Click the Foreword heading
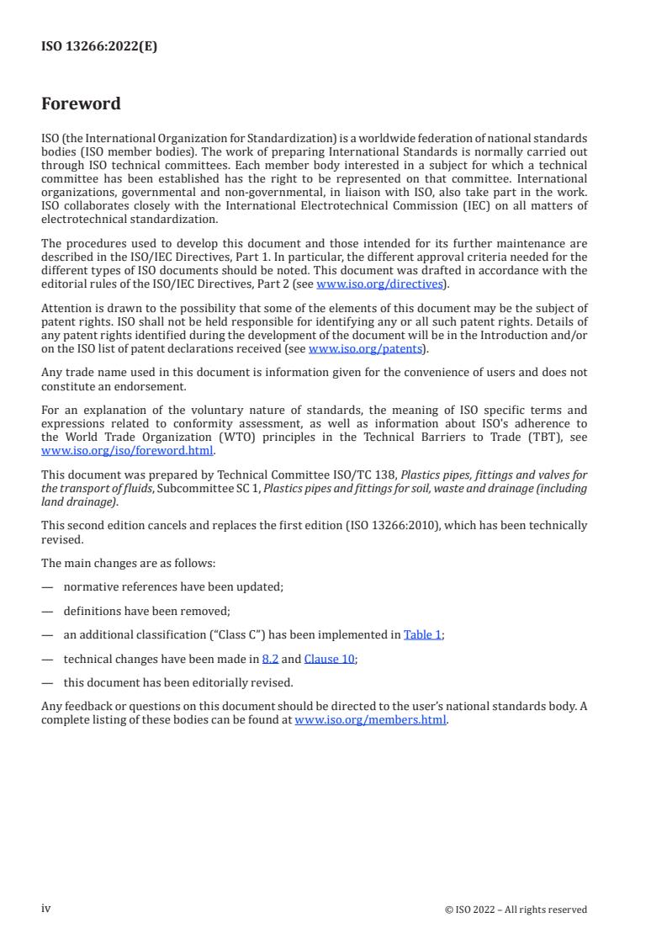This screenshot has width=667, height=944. point(81,104)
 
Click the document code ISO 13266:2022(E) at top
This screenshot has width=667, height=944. point(98,47)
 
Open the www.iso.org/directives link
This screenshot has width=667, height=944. point(379,284)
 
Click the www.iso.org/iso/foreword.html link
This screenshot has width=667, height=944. point(127,450)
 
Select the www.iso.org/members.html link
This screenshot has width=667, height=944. point(370,720)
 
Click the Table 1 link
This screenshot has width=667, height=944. point(422,634)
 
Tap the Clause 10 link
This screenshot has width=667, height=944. point(329,659)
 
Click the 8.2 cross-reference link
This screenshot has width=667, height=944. point(270,659)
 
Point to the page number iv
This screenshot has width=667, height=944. point(46,909)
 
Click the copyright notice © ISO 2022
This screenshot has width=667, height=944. point(516,910)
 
